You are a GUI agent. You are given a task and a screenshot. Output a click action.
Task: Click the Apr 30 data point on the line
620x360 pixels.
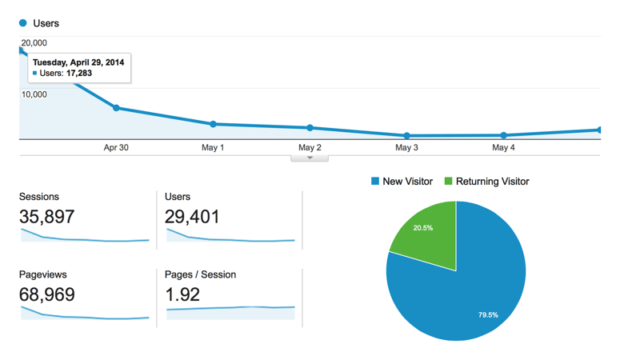pyautogui.click(x=116, y=108)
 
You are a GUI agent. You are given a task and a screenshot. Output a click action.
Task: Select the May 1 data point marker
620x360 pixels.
pyautogui.click(x=213, y=124)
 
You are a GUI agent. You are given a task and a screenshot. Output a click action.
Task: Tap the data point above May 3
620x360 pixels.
pyautogui.click(x=406, y=135)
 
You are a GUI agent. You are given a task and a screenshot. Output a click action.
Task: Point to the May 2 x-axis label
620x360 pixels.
pyautogui.click(x=310, y=148)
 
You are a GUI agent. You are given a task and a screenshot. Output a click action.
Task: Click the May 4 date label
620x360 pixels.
pyautogui.click(x=503, y=148)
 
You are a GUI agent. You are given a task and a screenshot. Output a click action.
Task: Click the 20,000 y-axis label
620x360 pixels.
pyautogui.click(x=34, y=43)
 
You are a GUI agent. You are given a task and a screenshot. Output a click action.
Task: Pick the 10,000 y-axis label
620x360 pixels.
pyautogui.click(x=34, y=94)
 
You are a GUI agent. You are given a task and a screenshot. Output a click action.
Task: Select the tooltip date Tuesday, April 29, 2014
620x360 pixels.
pyautogui.click(x=78, y=62)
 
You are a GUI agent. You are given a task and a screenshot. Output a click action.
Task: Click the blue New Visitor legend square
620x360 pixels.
pyautogui.click(x=375, y=182)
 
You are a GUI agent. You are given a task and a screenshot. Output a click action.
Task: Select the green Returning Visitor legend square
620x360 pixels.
pyautogui.click(x=449, y=182)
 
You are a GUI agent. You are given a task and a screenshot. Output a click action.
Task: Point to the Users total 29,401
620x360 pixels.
pyautogui.click(x=192, y=216)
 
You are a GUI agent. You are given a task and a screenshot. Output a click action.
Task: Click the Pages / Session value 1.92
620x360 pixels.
pyautogui.click(x=182, y=294)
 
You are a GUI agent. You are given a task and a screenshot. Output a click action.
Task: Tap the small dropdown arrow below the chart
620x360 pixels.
pyautogui.click(x=310, y=158)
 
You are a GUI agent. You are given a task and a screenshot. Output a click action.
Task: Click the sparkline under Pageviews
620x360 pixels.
pyautogui.click(x=84, y=316)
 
